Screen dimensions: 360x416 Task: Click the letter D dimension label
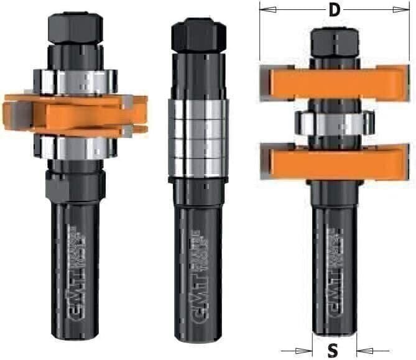334,11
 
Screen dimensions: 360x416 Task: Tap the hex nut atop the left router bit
74,28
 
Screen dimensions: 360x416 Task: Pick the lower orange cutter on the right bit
334,160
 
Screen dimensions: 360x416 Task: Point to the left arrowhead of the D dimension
265,10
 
